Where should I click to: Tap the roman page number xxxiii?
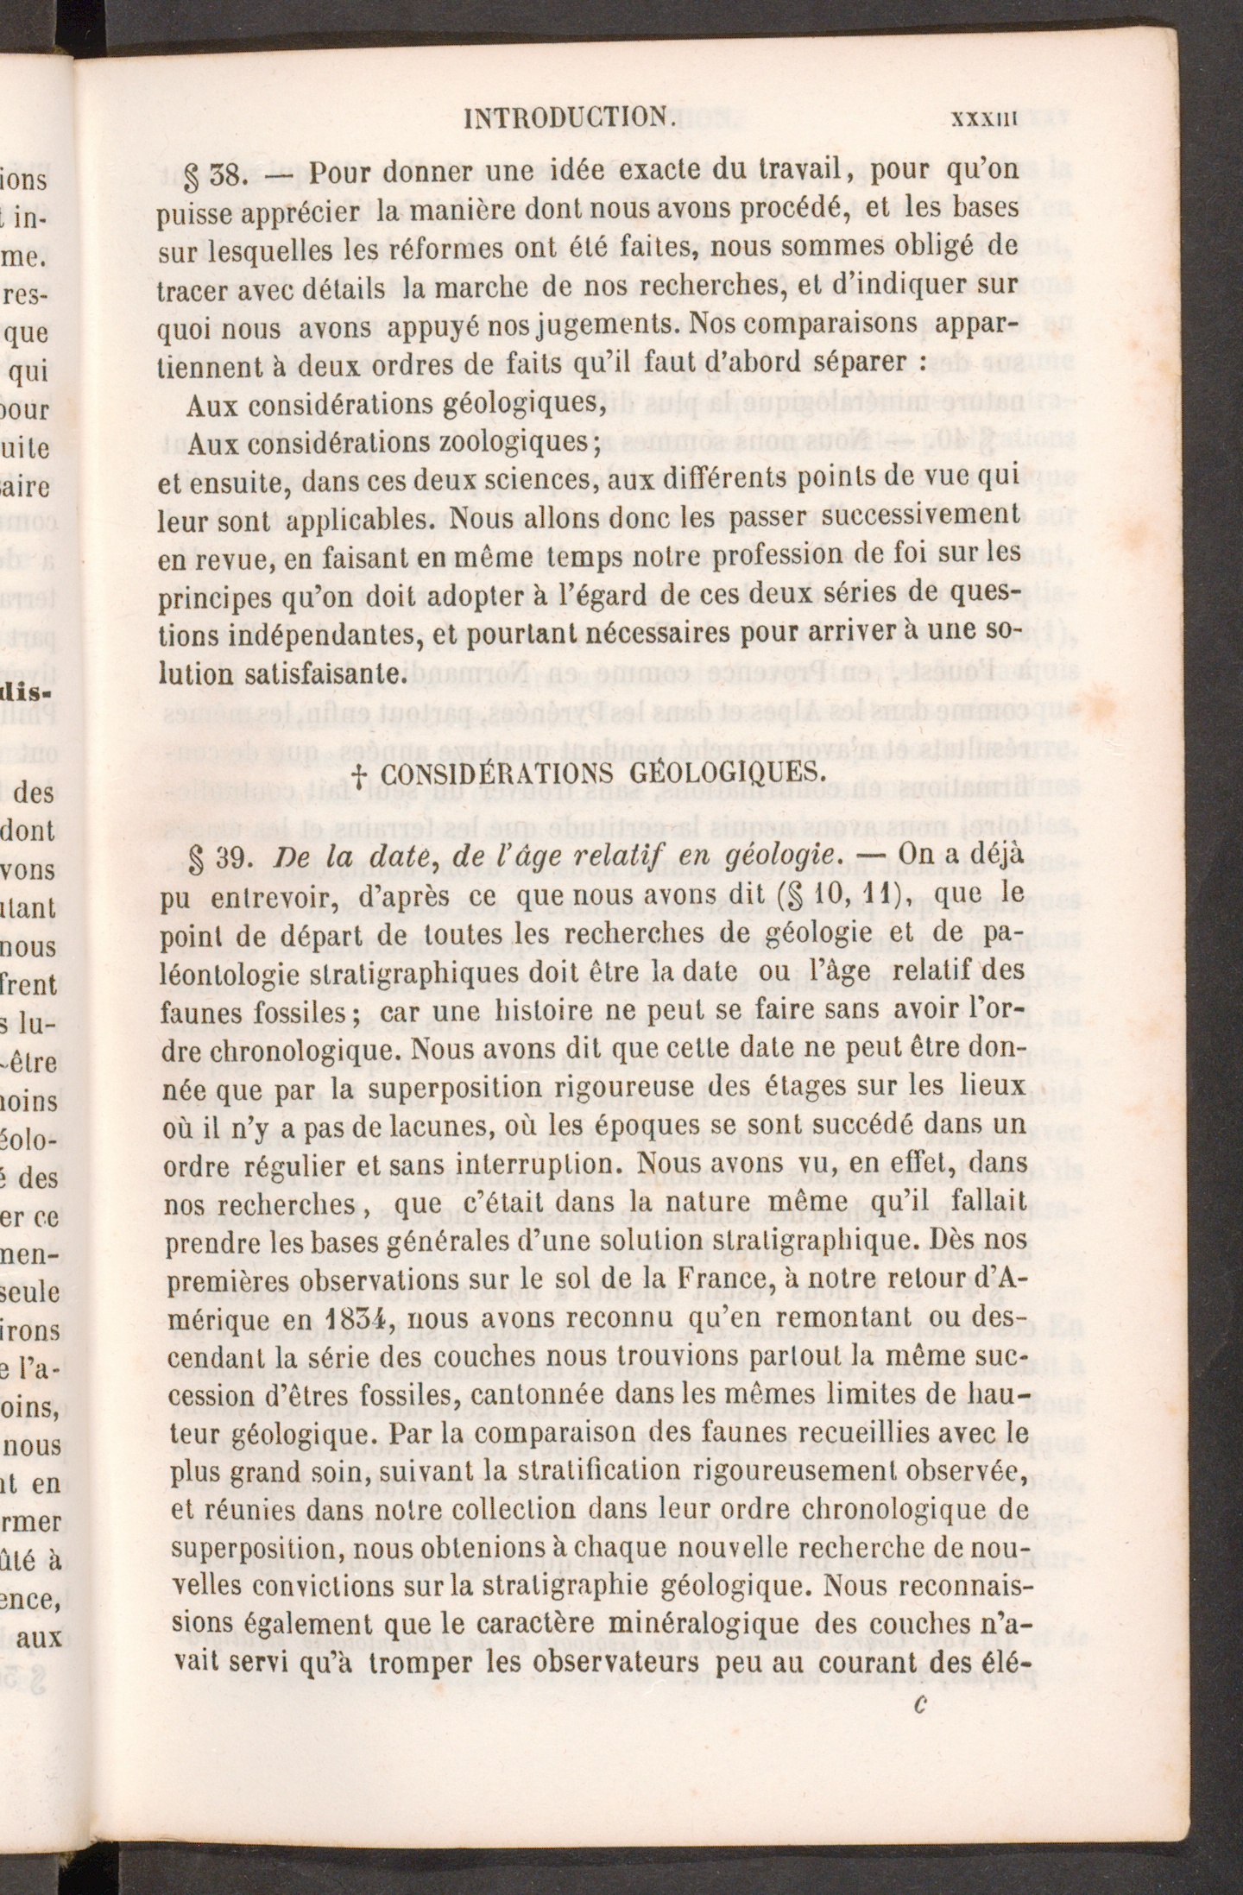click(x=985, y=117)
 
